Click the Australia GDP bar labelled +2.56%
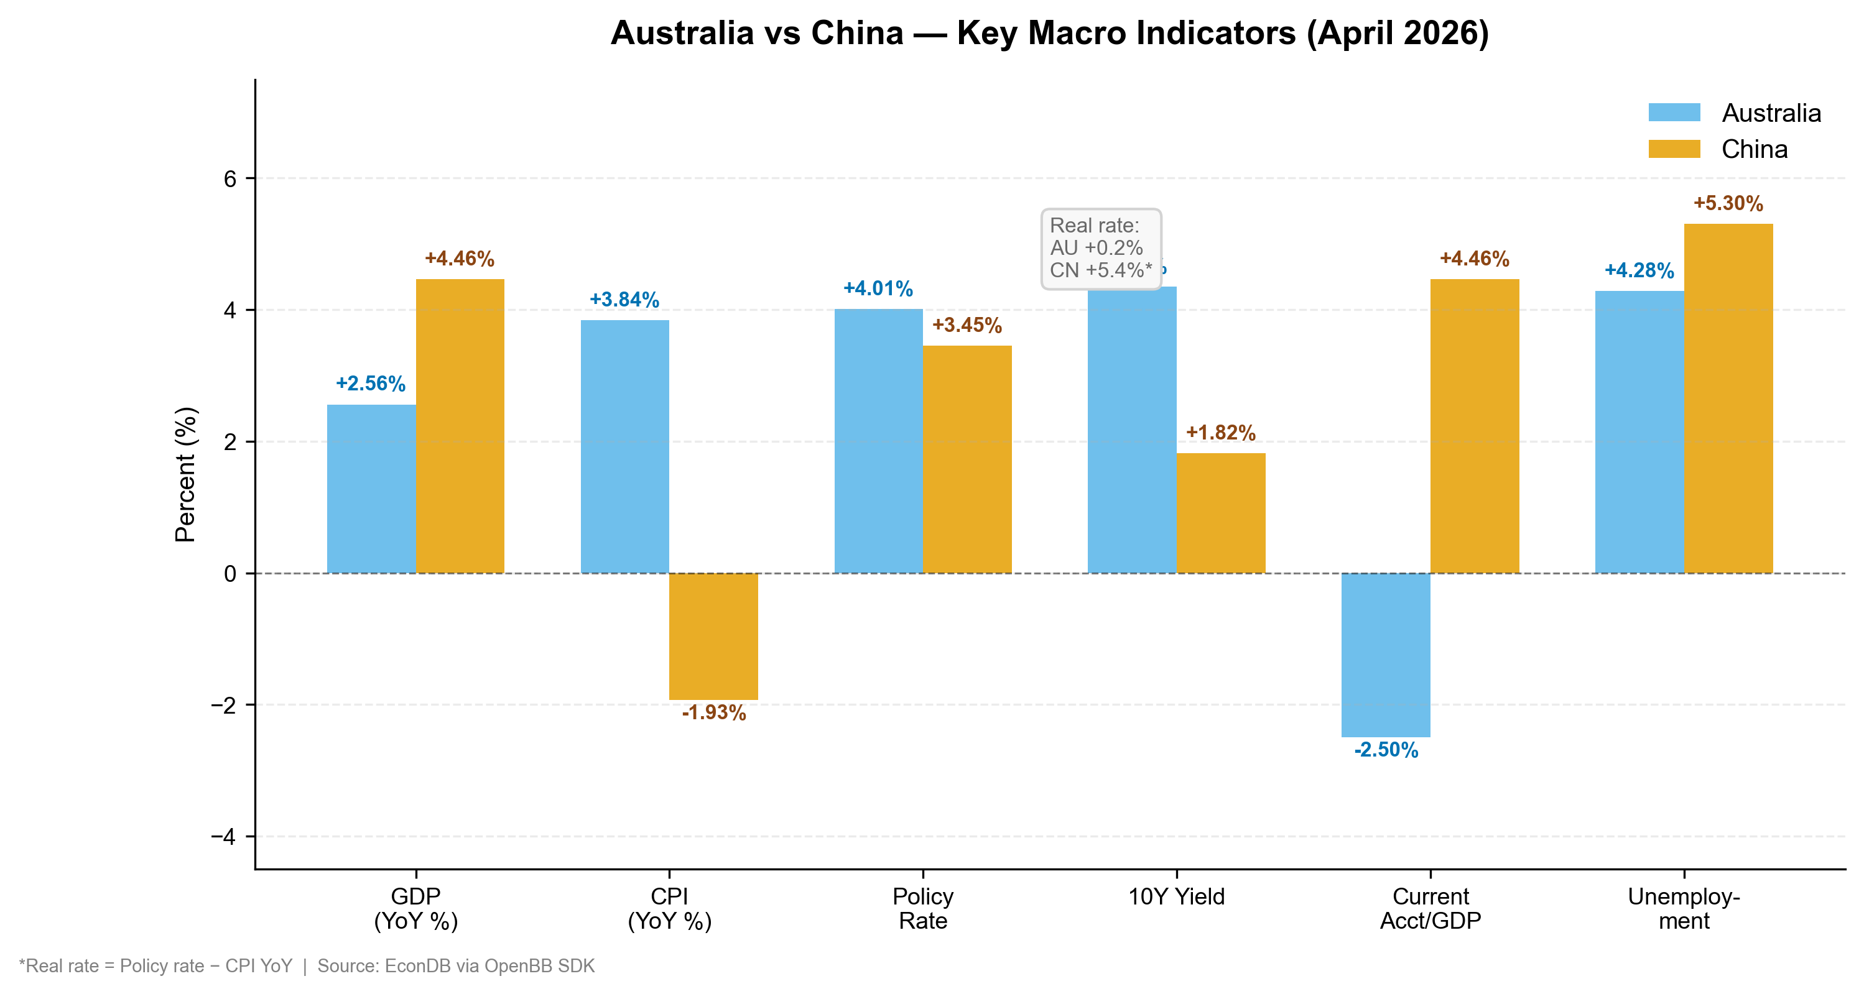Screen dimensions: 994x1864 371,489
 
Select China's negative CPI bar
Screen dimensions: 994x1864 713,636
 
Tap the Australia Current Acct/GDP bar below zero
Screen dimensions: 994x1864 1385,655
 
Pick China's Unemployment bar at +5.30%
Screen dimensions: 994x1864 1728,398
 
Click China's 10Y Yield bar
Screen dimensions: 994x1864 1221,513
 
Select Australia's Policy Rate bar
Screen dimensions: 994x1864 878,441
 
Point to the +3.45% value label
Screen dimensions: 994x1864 967,326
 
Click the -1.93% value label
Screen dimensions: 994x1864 713,712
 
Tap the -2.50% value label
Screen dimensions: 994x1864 1385,750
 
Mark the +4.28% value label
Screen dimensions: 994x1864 1639,270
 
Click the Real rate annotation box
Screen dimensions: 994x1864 1101,249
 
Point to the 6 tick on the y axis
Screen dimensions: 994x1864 230,178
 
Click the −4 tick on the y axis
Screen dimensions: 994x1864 224,837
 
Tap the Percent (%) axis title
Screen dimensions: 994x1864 185,474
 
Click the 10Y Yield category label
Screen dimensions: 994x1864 1176,897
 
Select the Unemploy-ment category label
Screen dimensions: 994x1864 1683,909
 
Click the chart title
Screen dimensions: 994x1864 1049,34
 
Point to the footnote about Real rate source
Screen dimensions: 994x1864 307,967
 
